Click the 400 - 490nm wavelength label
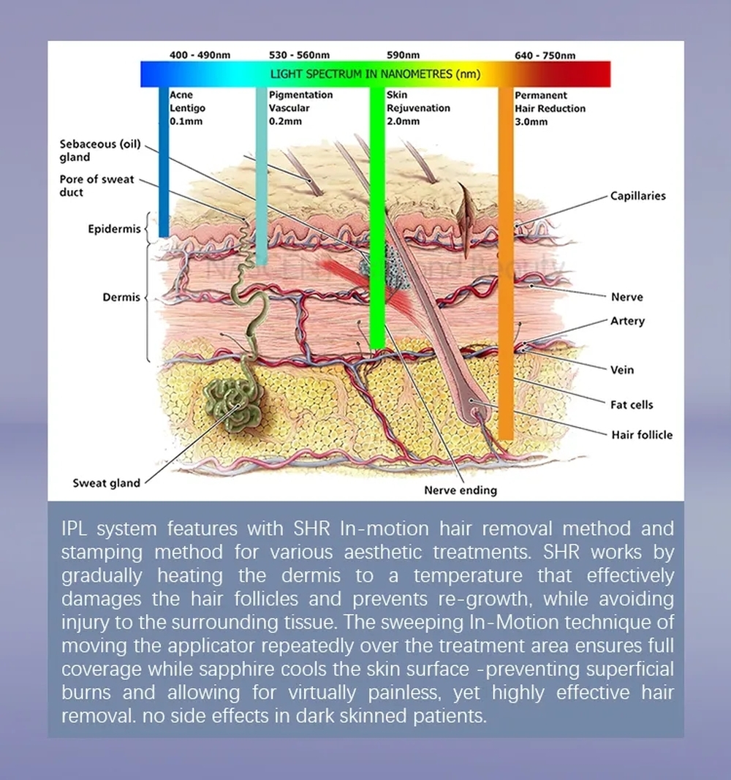[x=200, y=55]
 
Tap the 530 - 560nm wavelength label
[x=300, y=55]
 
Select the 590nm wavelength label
[x=404, y=55]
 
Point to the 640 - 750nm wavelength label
[x=545, y=56]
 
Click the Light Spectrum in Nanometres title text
[x=376, y=74]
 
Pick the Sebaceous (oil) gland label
[x=100, y=151]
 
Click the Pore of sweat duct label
[x=97, y=186]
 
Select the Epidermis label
[x=114, y=229]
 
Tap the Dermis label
[x=121, y=297]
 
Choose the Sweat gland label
[x=107, y=483]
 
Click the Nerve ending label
[x=461, y=491]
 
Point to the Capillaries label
[x=638, y=196]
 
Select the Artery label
[x=628, y=322]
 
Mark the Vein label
[x=622, y=370]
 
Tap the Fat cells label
[x=632, y=405]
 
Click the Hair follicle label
[x=642, y=435]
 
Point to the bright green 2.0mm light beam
[x=377, y=218]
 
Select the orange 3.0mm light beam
[x=506, y=264]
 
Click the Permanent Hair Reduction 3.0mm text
[x=550, y=108]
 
